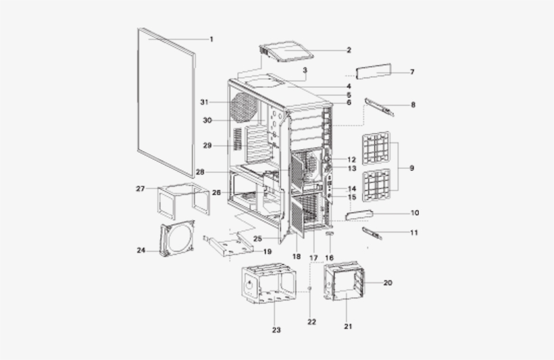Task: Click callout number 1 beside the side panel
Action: [x=211, y=39]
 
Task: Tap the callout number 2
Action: [x=349, y=50]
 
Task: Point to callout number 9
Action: [x=411, y=168]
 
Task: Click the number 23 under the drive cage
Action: [x=276, y=330]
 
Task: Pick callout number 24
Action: [x=141, y=250]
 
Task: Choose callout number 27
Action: [x=140, y=189]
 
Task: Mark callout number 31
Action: [x=203, y=102]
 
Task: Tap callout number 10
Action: [x=414, y=213]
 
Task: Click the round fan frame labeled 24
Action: [x=177, y=240]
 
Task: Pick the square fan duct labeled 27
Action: [x=183, y=199]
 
